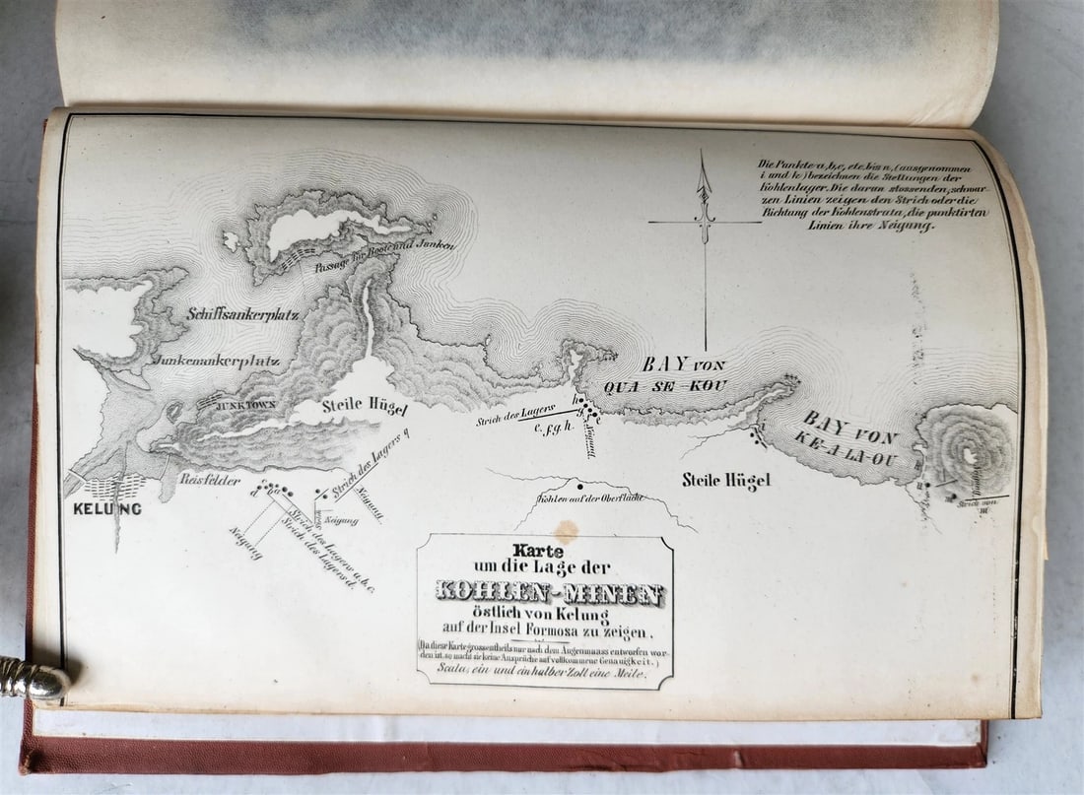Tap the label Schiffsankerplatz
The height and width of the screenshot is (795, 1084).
click(x=237, y=314)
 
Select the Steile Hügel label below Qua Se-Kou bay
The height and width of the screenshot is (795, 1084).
click(x=725, y=480)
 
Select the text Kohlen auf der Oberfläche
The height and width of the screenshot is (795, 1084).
click(x=591, y=498)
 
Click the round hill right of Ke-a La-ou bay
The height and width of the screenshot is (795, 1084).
click(x=966, y=450)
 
